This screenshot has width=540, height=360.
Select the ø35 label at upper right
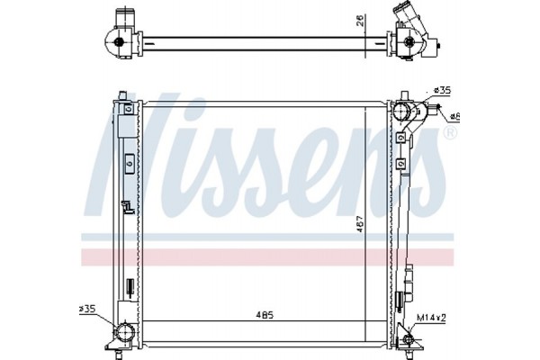click(x=441, y=91)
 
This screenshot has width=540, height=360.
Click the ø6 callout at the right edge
click(x=455, y=116)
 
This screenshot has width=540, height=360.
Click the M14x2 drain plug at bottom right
click(x=413, y=339)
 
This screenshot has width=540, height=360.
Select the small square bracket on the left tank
click(x=129, y=164)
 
